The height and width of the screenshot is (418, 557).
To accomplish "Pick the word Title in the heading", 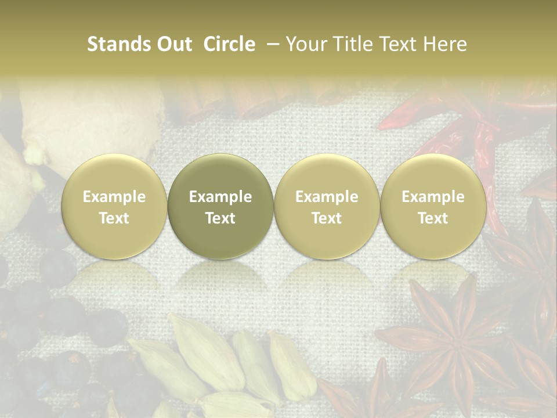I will (352, 44).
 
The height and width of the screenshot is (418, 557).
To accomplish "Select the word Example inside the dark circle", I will (220, 197).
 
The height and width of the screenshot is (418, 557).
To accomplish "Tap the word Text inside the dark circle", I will (220, 218).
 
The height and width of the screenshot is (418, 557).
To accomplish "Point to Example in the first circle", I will (114, 197).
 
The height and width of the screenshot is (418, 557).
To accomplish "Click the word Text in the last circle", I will (433, 218).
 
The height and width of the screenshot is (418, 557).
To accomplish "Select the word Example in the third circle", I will (327, 197).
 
